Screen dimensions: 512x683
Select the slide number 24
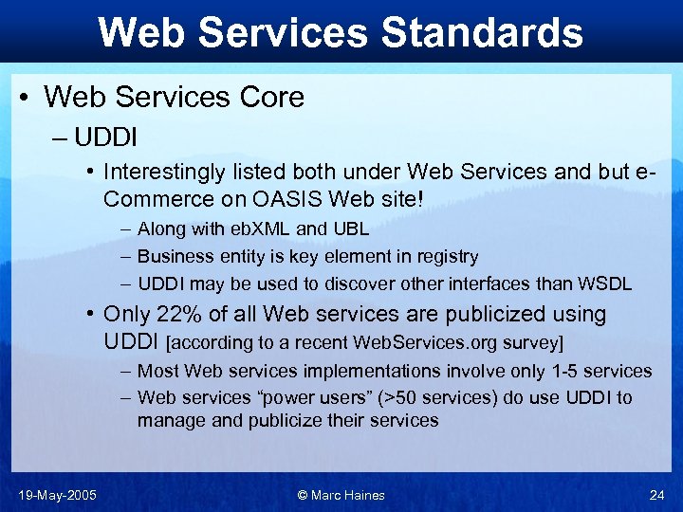click(656, 494)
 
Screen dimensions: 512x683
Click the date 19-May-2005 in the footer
click(56, 494)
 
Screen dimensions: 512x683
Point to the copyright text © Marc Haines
click(341, 494)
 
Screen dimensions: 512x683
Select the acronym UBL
click(350, 229)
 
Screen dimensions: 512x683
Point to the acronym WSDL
click(606, 283)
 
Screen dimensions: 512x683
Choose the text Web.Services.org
click(413, 341)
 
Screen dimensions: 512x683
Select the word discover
click(359, 283)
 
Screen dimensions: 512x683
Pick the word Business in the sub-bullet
click(173, 256)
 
